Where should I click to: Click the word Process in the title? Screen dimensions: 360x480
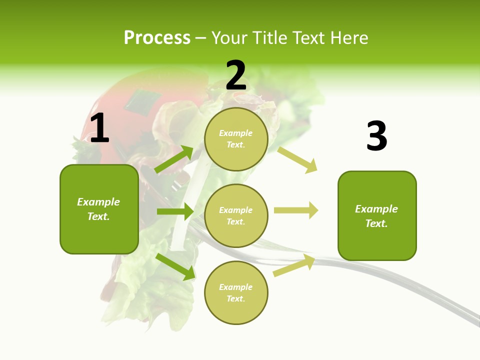[157, 37]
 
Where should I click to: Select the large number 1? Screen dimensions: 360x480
[99, 128]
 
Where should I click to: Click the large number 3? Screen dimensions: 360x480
[376, 136]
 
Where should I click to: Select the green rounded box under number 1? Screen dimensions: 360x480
[99, 209]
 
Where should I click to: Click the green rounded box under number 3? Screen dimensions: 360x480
[377, 216]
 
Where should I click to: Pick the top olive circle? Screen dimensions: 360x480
[236, 139]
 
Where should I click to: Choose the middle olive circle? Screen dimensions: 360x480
[236, 215]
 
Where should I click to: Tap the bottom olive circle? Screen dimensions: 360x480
[236, 292]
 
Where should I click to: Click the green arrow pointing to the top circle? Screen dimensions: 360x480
[174, 159]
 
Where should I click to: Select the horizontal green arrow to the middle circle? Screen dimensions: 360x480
[175, 211]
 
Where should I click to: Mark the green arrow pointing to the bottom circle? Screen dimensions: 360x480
[175, 266]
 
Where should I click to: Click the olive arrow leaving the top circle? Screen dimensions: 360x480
[297, 159]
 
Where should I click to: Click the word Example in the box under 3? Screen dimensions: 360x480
[376, 209]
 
